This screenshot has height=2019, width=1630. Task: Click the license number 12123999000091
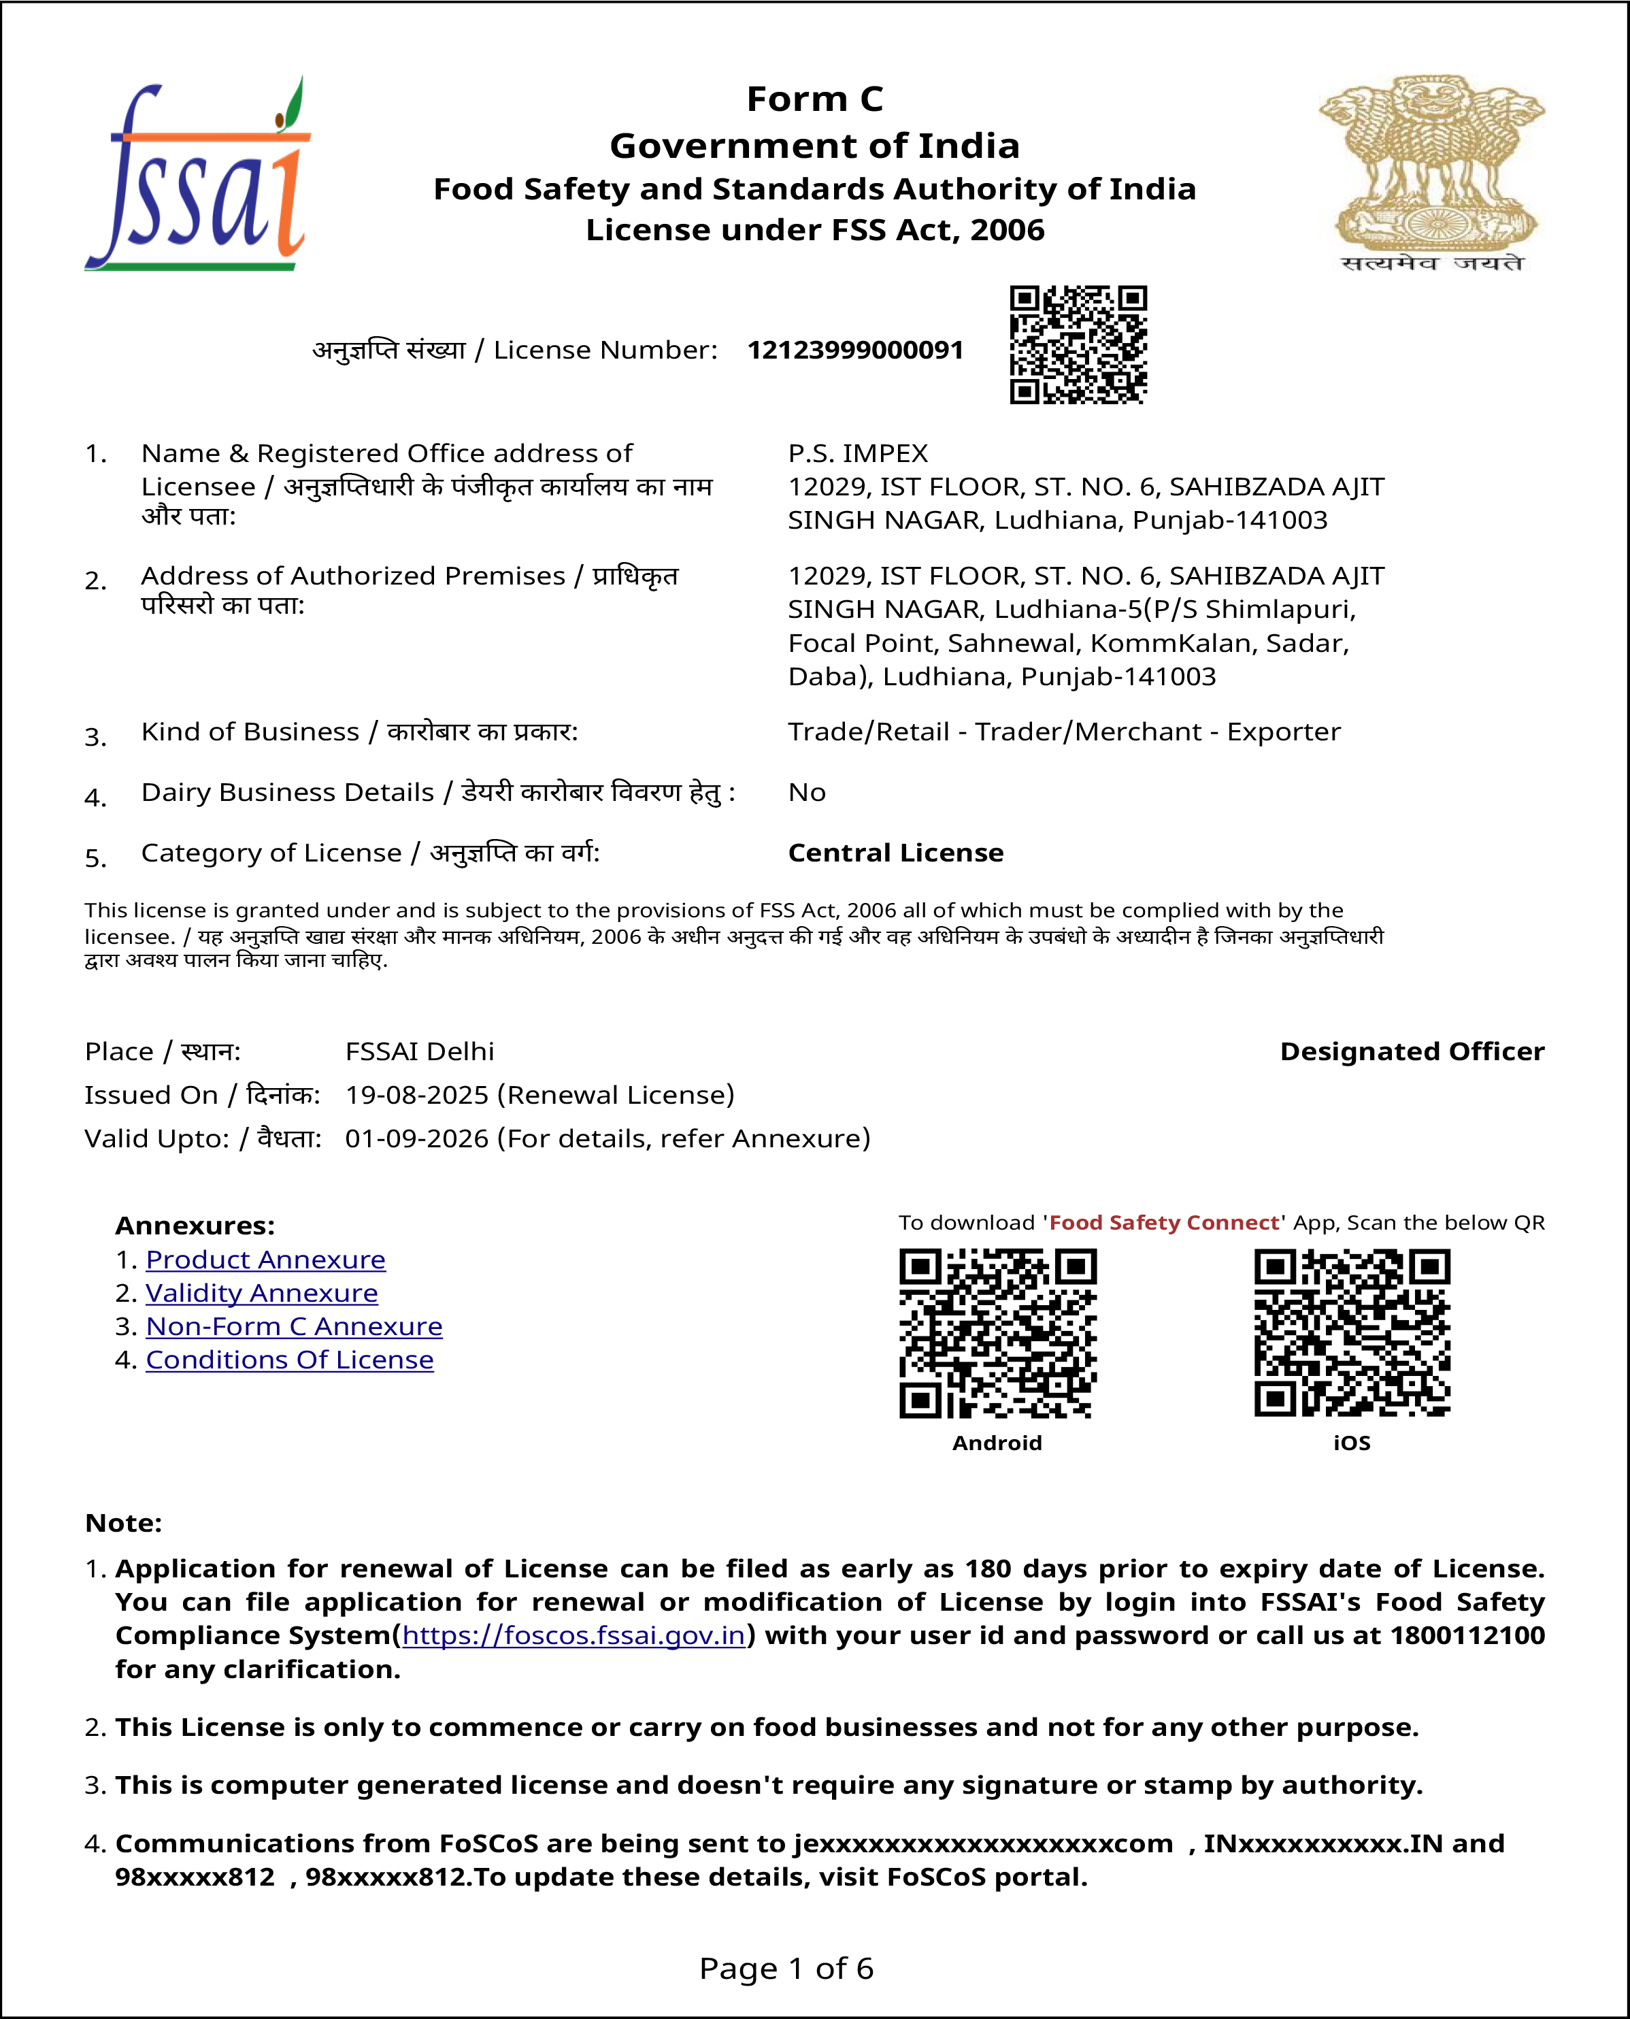[855, 350]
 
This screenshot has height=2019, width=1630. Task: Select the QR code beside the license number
[1078, 344]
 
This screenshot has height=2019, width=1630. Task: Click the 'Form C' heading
[814, 99]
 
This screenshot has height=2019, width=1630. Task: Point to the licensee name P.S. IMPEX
[857, 454]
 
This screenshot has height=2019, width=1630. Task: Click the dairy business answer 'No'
[807, 793]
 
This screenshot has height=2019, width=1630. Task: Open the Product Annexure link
[266, 1260]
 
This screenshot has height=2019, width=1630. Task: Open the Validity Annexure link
[261, 1293]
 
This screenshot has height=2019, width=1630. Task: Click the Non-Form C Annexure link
[294, 1327]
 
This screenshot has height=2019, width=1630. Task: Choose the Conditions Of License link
[289, 1360]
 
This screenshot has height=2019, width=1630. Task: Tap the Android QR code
[997, 1332]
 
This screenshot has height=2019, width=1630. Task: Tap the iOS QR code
[1352, 1332]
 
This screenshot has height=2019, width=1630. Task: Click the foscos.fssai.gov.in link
[573, 1635]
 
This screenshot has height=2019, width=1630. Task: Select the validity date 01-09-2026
[417, 1138]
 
